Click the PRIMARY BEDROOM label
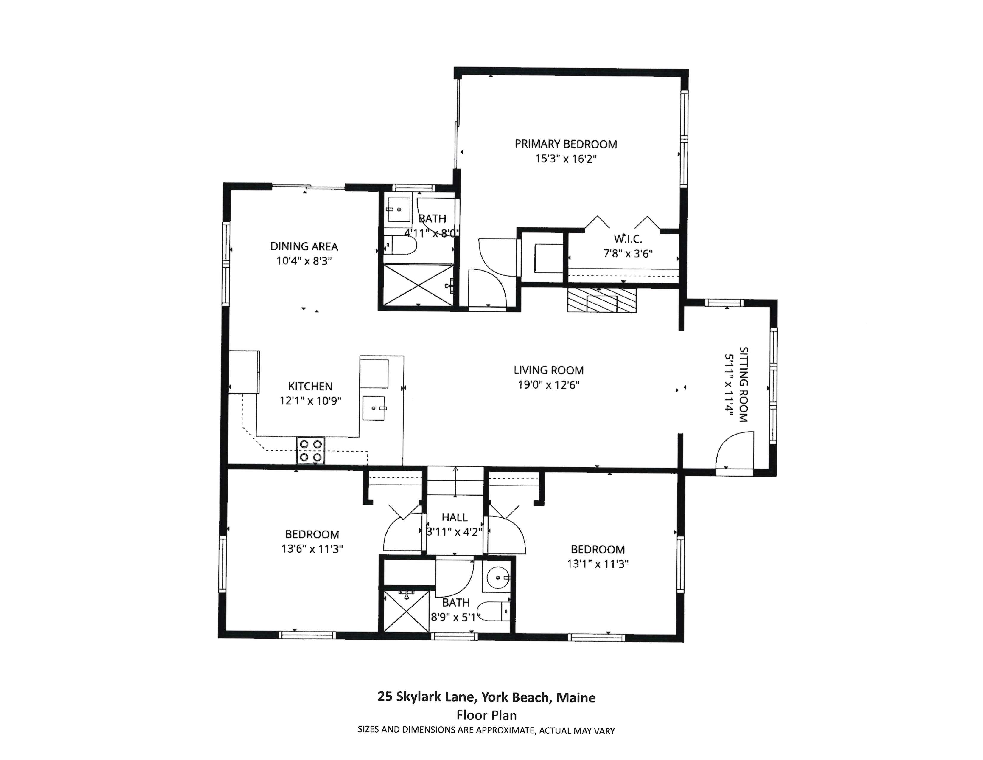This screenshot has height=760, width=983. coord(566,144)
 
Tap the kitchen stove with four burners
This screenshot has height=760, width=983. coord(311,450)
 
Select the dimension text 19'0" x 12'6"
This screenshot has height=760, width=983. coord(549,385)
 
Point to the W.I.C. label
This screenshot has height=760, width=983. coord(628,239)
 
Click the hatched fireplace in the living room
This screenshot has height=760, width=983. coord(602,300)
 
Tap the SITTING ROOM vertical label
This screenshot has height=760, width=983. coord(744,384)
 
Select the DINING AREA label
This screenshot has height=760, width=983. coord(304,246)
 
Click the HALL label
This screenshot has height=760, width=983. coord(455,517)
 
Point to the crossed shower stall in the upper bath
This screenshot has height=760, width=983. coord(418,286)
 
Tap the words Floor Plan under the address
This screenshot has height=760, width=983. coord(486,715)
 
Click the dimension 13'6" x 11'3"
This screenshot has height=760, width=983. coord(312,549)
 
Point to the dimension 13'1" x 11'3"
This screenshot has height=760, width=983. coord(598,564)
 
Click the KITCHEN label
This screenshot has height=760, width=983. coord(311,386)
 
